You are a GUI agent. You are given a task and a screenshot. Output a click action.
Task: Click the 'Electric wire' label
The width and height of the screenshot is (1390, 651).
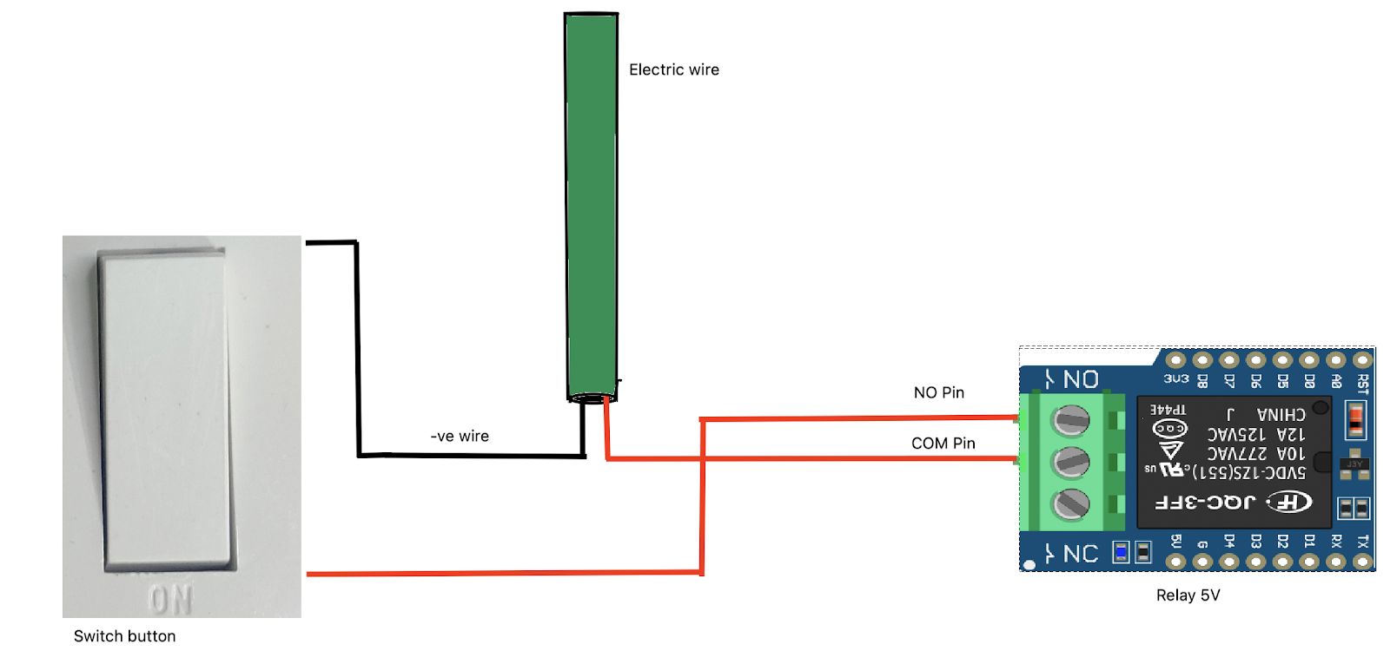click(673, 69)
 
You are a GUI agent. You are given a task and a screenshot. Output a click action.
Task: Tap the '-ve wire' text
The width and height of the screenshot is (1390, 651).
click(460, 436)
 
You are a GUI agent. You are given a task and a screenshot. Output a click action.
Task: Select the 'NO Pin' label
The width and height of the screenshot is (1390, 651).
click(938, 392)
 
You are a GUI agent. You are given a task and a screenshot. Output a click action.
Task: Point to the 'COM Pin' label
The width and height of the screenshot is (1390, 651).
click(943, 443)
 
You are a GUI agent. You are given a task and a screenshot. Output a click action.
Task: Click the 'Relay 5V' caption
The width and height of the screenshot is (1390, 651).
click(1188, 595)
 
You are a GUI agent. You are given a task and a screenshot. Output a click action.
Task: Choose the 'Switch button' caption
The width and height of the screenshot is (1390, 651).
click(124, 635)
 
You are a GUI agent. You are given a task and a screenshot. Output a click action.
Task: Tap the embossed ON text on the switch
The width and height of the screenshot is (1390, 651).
click(170, 600)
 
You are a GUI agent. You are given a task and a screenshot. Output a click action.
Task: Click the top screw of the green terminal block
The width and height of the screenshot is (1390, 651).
click(1071, 421)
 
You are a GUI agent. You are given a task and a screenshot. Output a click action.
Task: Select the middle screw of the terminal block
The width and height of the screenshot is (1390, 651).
click(1071, 462)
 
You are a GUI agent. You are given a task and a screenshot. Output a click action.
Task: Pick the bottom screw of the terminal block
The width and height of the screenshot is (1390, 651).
click(1071, 503)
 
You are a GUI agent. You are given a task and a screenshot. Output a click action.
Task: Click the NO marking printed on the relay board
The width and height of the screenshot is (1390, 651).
click(1081, 379)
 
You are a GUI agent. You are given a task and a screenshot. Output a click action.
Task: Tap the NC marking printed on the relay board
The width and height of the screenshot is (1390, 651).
click(1081, 554)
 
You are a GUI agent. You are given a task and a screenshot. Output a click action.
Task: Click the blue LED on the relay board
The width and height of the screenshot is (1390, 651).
click(1121, 552)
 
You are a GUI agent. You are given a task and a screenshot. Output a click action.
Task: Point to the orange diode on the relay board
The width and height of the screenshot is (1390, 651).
click(1354, 420)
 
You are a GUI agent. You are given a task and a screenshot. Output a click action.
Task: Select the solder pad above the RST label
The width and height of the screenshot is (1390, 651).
click(1362, 359)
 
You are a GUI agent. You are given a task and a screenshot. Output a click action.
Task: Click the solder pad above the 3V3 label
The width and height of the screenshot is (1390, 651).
click(1175, 359)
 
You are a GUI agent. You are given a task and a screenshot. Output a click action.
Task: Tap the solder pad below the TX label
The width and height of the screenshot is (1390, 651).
click(1362, 562)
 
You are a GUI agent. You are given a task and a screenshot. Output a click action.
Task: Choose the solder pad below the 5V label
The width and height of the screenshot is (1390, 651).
click(1175, 562)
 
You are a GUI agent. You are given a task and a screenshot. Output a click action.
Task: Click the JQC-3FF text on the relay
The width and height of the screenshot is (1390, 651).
click(1205, 502)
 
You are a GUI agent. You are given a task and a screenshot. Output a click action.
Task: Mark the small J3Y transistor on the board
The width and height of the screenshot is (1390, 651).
click(1354, 464)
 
